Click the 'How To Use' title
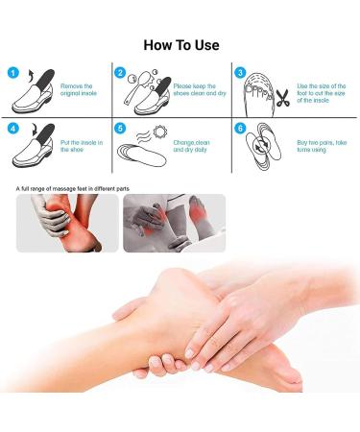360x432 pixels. coord(180,45)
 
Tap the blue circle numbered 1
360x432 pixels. coord(12,72)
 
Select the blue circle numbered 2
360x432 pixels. coord(120,72)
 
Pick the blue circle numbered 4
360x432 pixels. coord(12,128)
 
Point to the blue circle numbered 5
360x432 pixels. coord(120,128)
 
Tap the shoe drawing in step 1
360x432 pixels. coord(35,94)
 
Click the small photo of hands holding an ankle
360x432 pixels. coord(67,223)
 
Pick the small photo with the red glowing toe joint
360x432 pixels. coord(174,223)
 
